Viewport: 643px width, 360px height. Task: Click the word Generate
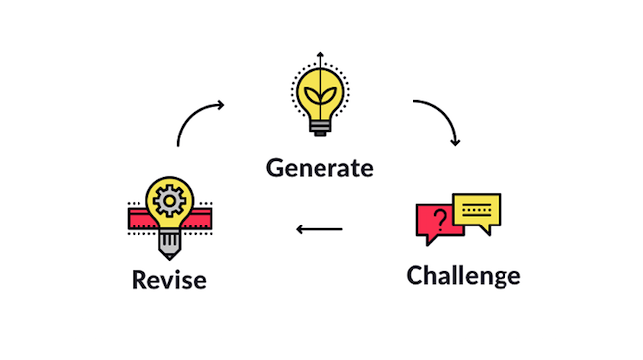320,167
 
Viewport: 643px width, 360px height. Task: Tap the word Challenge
463,274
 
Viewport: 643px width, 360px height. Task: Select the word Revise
168,280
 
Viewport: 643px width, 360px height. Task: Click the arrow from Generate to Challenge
440,119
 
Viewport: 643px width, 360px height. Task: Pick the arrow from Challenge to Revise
320,230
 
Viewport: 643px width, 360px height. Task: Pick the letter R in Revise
139,280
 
